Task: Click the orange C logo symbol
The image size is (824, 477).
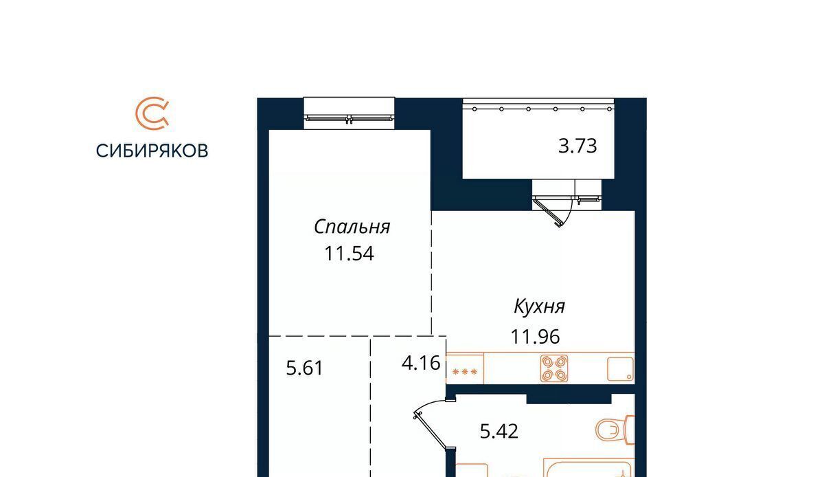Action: (152, 113)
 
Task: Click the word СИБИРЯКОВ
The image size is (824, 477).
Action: (152, 151)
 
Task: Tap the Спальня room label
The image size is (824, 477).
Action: (352, 228)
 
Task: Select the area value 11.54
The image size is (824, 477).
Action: (349, 254)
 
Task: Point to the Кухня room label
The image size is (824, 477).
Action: (539, 307)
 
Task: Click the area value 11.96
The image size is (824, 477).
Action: (535, 337)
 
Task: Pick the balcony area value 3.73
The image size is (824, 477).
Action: (577, 146)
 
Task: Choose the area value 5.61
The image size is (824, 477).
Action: (305, 368)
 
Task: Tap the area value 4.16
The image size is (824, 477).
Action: (421, 363)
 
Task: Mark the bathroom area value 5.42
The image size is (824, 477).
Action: (499, 432)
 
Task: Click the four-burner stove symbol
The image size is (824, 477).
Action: (554, 368)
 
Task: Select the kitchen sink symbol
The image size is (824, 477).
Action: (620, 368)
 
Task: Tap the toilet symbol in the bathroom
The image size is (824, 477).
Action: (615, 430)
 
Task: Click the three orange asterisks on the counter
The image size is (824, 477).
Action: (465, 372)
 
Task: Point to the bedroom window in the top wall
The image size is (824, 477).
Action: (349, 113)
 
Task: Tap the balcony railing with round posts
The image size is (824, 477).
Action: (538, 109)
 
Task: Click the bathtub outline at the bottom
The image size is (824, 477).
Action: (589, 467)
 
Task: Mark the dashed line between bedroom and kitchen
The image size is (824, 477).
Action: (431, 273)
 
